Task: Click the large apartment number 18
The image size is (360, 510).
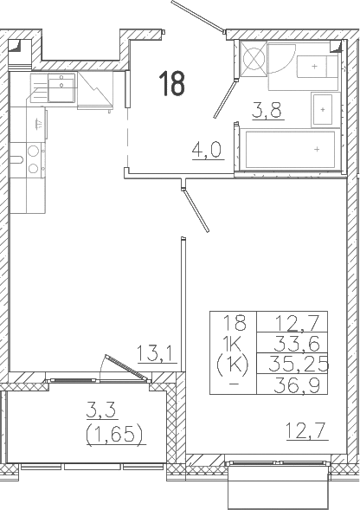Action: coord(172,84)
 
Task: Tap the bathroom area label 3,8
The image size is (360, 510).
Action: coord(267,110)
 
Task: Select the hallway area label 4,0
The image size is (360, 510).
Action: coord(207,150)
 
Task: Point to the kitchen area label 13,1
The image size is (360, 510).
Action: coord(157,354)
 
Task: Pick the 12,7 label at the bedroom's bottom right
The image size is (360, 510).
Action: coord(305,430)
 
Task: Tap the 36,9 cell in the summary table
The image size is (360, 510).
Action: coord(296,385)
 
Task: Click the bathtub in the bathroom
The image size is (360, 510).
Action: coord(290,149)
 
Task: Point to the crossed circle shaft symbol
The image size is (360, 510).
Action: coord(254,59)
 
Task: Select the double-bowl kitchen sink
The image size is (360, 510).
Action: coord(54,87)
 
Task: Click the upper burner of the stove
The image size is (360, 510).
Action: coord(33,152)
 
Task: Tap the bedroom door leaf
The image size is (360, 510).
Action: coord(196,211)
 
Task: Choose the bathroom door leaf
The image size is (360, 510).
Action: coord(224,99)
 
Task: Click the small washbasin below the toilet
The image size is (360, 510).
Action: coord(323,110)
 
